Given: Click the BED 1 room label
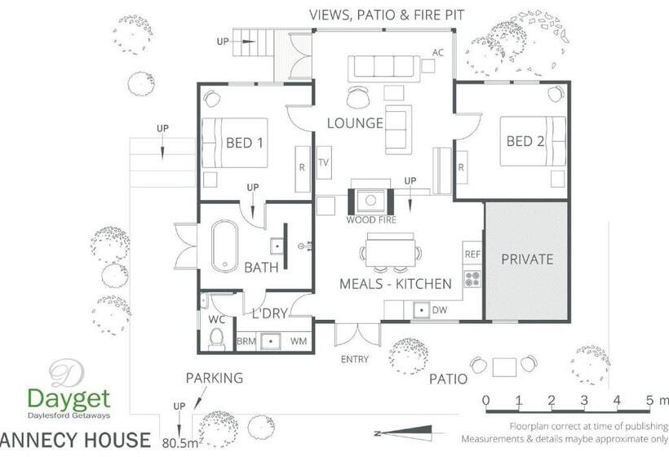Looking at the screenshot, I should click(x=244, y=143).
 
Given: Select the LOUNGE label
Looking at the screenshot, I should click(x=355, y=123).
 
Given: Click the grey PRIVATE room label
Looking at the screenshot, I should click(x=526, y=260).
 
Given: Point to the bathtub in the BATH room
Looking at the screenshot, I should click(x=224, y=246).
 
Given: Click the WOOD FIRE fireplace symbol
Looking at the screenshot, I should click(x=371, y=200).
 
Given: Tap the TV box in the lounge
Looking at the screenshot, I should click(x=325, y=162).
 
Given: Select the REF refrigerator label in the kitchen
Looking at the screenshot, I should click(x=472, y=255).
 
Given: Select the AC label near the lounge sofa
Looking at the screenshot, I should click(x=438, y=53).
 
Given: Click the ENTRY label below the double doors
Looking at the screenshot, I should click(x=355, y=359).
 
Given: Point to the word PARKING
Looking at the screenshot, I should click(x=215, y=378).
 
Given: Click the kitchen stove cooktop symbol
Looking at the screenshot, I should click(x=472, y=279).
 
